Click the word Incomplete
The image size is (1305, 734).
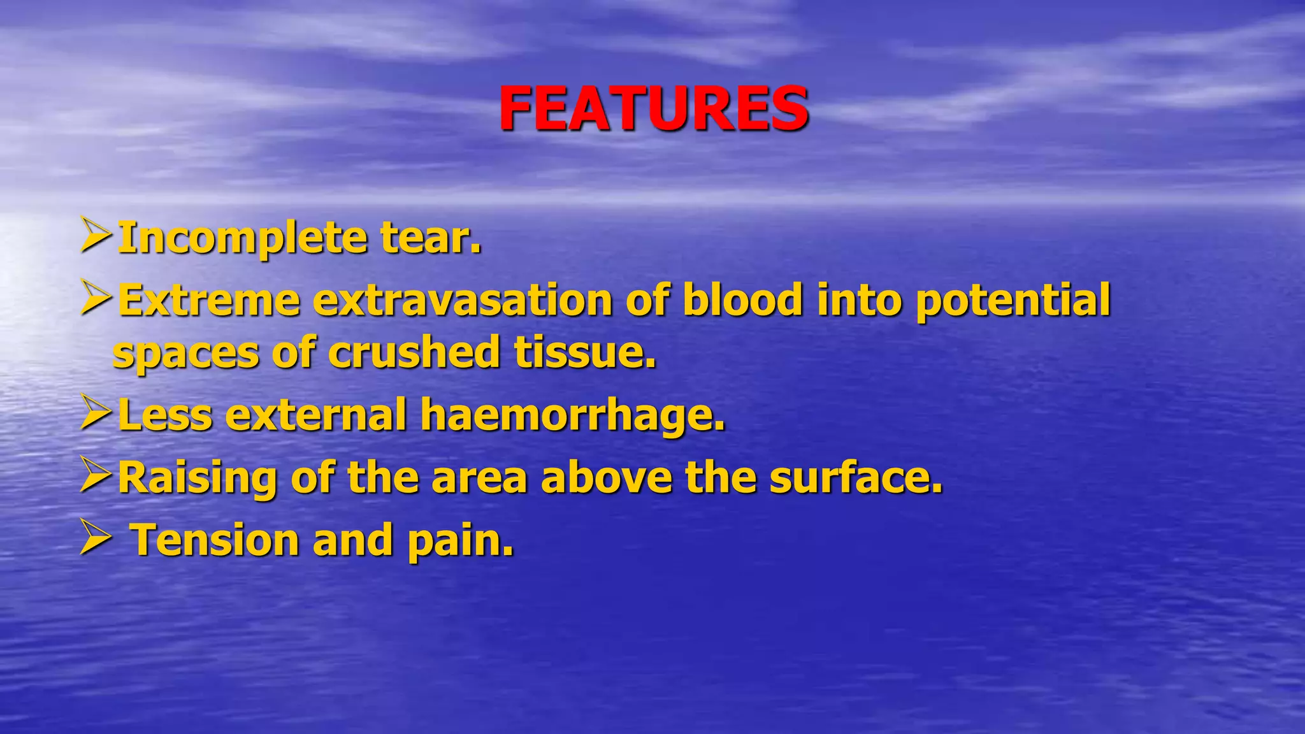(x=243, y=238)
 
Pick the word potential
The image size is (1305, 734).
(x=1013, y=301)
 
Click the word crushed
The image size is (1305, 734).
(x=414, y=352)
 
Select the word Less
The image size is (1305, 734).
(x=165, y=414)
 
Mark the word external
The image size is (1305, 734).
(x=316, y=414)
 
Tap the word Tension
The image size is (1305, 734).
(x=215, y=540)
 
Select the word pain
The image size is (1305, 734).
(x=459, y=541)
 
